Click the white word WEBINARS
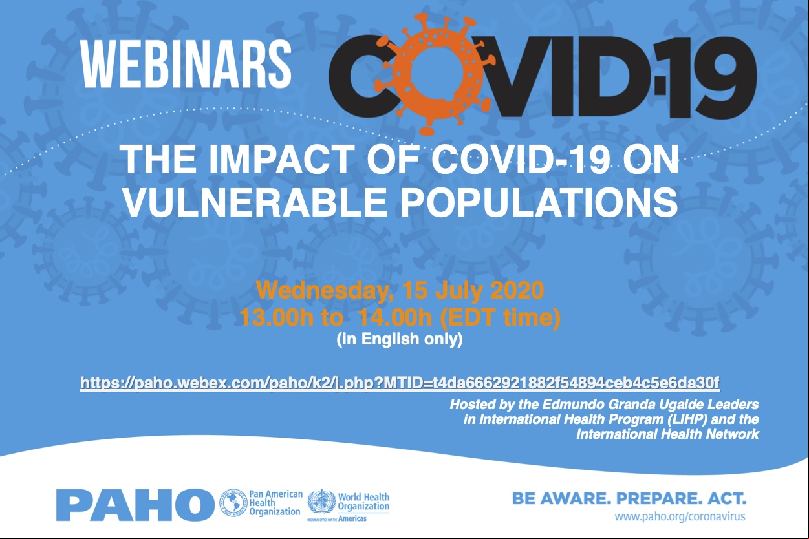coord(186,64)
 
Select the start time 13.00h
coord(276,318)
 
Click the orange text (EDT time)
coord(501,319)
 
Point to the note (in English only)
coord(400,340)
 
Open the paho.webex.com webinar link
coord(400,383)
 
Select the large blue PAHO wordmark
coord(135,505)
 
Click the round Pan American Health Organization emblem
coord(233,503)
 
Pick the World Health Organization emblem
coord(321,502)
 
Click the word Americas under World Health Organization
coord(352,519)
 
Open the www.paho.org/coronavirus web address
coord(680,516)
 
